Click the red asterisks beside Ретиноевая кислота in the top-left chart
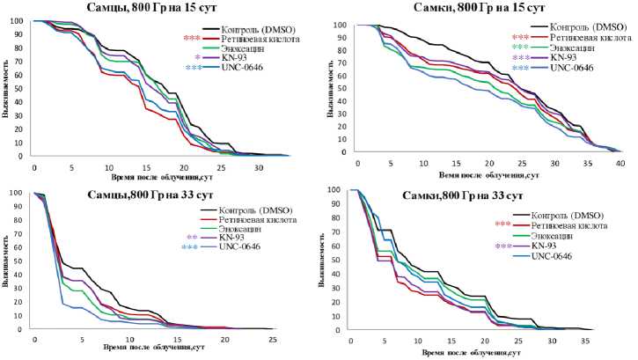(x=192, y=39)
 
